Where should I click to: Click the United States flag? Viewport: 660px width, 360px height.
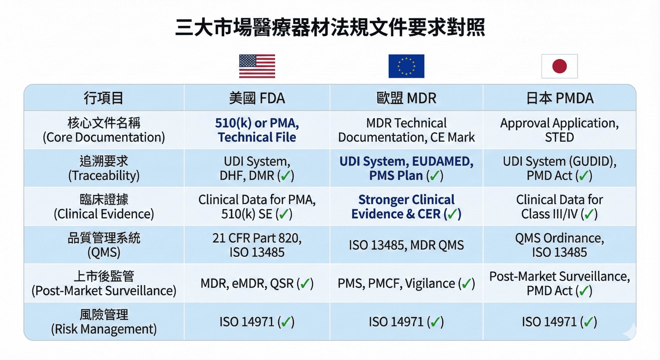[x=257, y=66]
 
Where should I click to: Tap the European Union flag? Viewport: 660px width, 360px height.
[x=406, y=66]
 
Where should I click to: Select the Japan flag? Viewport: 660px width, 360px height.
[x=559, y=66]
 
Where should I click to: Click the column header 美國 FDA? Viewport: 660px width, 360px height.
[x=257, y=98]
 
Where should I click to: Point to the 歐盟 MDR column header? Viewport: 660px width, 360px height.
[x=406, y=98]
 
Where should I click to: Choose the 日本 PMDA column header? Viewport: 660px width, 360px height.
[x=559, y=98]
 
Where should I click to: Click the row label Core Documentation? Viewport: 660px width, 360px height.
[x=104, y=130]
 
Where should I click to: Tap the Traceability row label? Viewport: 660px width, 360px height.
[x=104, y=168]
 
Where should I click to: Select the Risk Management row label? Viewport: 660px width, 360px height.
[x=104, y=322]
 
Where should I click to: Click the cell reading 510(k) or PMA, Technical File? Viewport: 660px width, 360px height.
[x=257, y=130]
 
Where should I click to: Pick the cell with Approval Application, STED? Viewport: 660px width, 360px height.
[x=559, y=130]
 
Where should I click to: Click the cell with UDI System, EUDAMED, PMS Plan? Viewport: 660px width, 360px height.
[x=406, y=168]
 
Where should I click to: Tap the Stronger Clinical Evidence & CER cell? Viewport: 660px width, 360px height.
[x=406, y=207]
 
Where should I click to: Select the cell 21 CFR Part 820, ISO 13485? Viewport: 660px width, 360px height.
[x=257, y=245]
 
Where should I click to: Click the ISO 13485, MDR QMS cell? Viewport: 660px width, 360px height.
[x=406, y=245]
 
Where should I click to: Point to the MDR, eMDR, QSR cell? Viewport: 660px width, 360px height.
[x=257, y=284]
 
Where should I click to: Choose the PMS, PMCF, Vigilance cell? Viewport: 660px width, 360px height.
[x=406, y=284]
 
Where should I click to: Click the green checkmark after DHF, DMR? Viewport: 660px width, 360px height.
[x=286, y=176]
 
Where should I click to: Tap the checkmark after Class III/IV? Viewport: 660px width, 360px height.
[x=589, y=214]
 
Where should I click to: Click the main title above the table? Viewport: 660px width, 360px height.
[x=330, y=27]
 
